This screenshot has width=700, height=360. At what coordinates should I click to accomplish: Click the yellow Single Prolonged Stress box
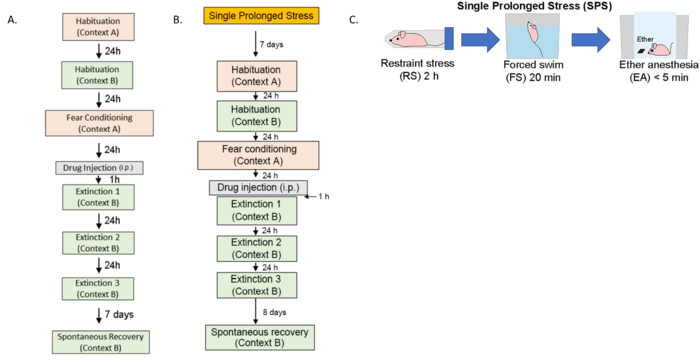click(x=260, y=16)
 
